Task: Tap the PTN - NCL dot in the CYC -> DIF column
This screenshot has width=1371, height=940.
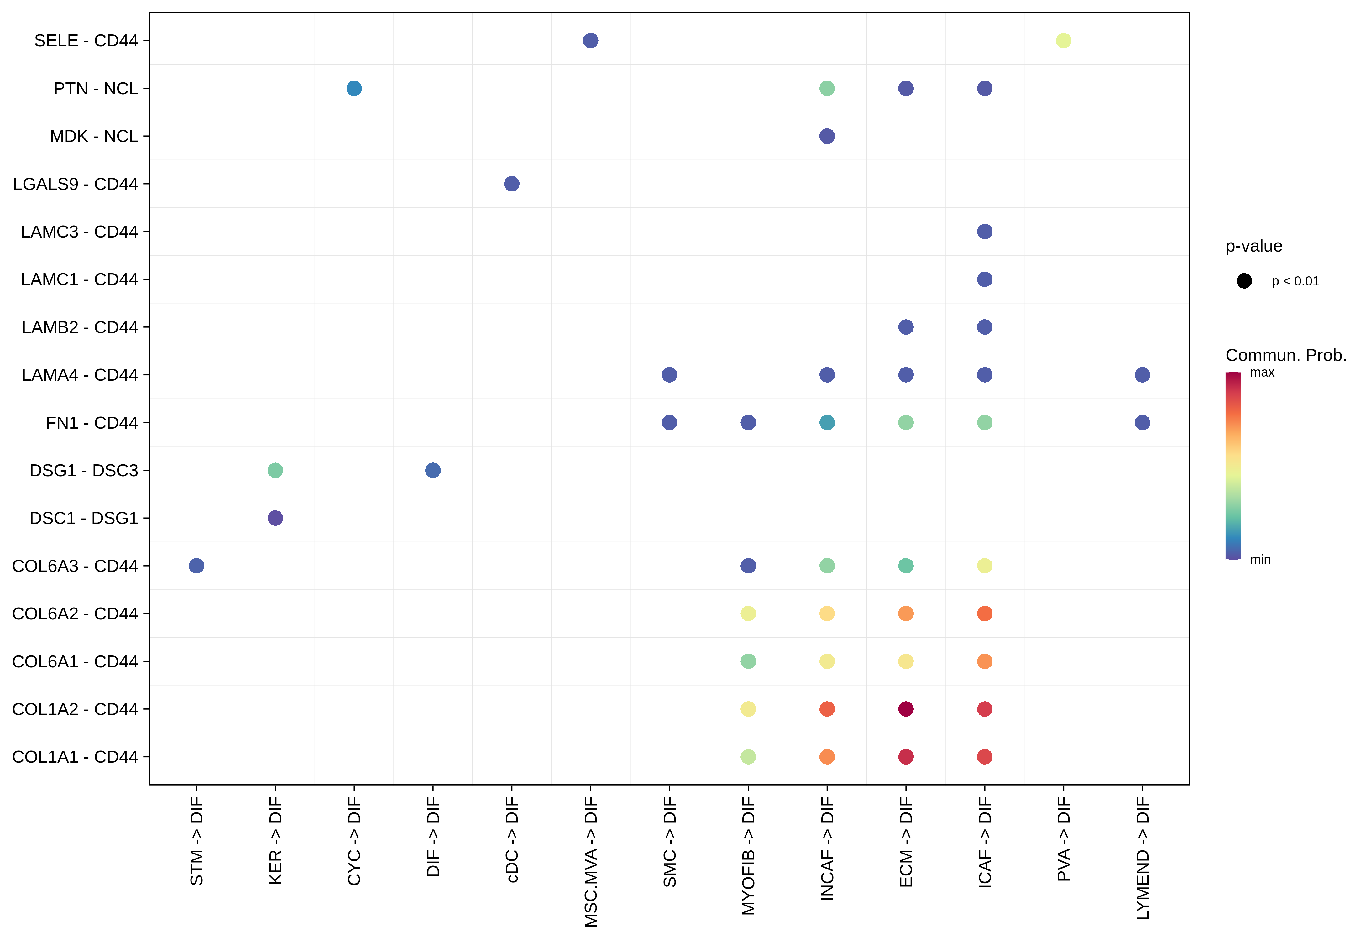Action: (354, 88)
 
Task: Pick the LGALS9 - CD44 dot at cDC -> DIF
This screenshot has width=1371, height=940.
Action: (511, 184)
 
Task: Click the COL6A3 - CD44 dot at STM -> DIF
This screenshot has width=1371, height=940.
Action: (196, 566)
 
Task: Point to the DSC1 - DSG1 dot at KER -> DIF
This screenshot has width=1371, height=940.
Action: (275, 518)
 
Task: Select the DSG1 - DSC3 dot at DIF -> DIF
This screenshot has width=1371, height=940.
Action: (433, 470)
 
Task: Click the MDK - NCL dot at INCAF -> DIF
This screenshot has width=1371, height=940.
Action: (827, 136)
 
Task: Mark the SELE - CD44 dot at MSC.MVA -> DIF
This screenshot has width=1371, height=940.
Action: (590, 41)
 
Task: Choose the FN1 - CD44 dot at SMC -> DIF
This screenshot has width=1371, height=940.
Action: (669, 422)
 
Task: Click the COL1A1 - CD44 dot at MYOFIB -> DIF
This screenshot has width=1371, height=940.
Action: (748, 757)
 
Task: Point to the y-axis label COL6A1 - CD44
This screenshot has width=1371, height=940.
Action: (75, 662)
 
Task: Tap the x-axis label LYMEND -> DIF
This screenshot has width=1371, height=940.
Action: (1143, 858)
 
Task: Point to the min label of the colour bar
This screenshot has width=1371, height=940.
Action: (1260, 560)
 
